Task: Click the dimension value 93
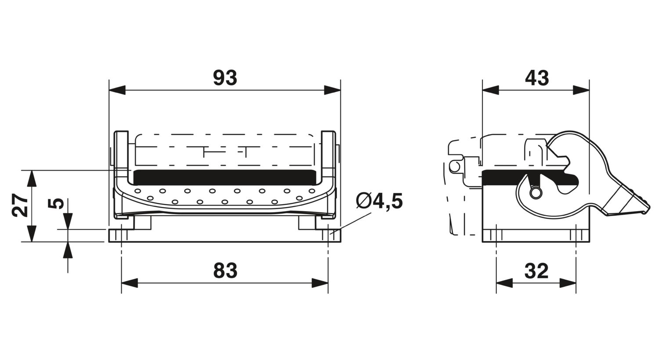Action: click(x=225, y=78)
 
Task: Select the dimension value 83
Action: click(x=225, y=271)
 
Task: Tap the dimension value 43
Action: click(x=537, y=78)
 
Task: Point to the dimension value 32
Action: click(x=536, y=271)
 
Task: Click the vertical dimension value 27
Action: click(x=20, y=205)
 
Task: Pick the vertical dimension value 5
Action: click(x=56, y=203)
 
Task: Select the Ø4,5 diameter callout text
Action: click(x=379, y=202)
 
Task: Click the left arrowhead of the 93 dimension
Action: click(x=117, y=90)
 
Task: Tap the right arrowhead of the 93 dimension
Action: click(x=332, y=90)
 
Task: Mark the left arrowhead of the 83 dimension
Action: click(x=130, y=283)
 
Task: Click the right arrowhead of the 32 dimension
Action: click(x=568, y=283)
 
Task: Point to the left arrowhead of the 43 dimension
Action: click(x=491, y=90)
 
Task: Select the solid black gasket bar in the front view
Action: click(x=224, y=177)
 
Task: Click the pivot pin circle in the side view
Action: click(x=536, y=193)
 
